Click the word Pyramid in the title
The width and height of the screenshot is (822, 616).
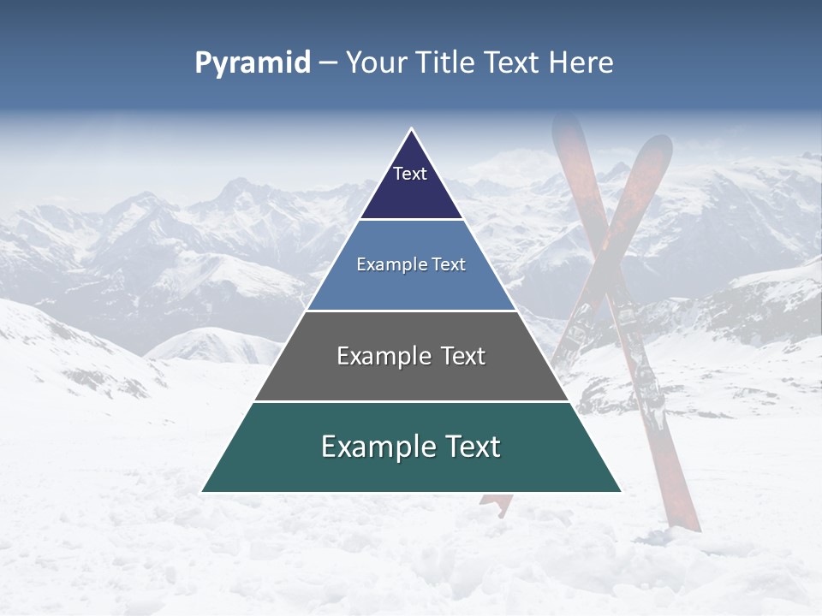pyautogui.click(x=253, y=63)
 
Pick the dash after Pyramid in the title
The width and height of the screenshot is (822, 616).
pyautogui.click(x=328, y=63)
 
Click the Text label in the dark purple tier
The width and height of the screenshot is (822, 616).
pyautogui.click(x=410, y=174)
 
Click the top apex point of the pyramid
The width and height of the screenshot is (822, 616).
pyautogui.click(x=411, y=129)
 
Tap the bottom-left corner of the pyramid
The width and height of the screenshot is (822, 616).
pyautogui.click(x=202, y=492)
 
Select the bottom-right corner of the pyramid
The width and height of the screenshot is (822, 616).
pyautogui.click(x=621, y=492)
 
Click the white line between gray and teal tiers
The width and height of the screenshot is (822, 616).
pyautogui.click(x=411, y=401)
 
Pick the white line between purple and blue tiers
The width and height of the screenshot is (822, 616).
pyautogui.click(x=411, y=220)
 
